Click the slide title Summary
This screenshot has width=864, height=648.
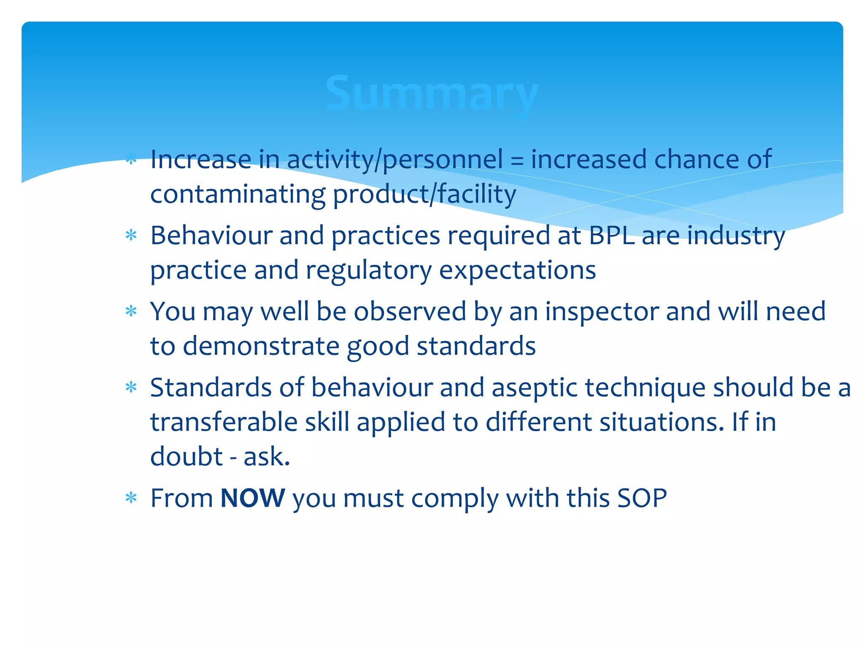coord(432,94)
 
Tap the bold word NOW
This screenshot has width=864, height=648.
coord(253,498)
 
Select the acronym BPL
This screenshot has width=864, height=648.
coord(611,235)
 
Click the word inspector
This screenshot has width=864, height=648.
coord(602,311)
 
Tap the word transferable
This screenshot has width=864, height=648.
coord(224,422)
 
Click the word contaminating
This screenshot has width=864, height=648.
coord(238,195)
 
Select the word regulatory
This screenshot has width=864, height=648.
coord(368,271)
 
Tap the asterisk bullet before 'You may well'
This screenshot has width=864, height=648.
coord(131,311)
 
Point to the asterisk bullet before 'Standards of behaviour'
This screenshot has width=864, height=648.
coord(131,387)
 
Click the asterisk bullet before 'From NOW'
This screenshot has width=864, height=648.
coord(131,498)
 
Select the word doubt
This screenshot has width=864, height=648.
coord(186,456)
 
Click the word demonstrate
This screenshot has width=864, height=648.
coord(261,346)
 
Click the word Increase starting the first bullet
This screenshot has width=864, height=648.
coord(201,159)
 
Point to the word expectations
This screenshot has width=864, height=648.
coord(517,271)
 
